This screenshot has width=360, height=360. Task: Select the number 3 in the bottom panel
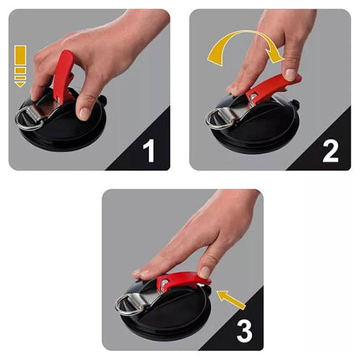[244, 331]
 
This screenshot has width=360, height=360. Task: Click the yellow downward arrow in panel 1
[20, 66]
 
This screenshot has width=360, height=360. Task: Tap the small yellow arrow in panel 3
[231, 300]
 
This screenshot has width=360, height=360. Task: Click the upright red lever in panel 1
[63, 75]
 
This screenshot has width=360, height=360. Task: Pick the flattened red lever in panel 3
[182, 281]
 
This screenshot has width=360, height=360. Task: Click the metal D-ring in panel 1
[27, 119]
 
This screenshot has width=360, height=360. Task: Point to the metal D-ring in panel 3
[126, 306]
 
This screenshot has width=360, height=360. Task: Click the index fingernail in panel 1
[85, 114]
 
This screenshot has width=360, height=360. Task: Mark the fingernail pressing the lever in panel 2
[291, 75]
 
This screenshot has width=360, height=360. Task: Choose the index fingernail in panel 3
[204, 272]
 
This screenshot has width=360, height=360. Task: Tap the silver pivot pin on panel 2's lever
[252, 96]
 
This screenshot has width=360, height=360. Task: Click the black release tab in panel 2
[294, 105]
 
